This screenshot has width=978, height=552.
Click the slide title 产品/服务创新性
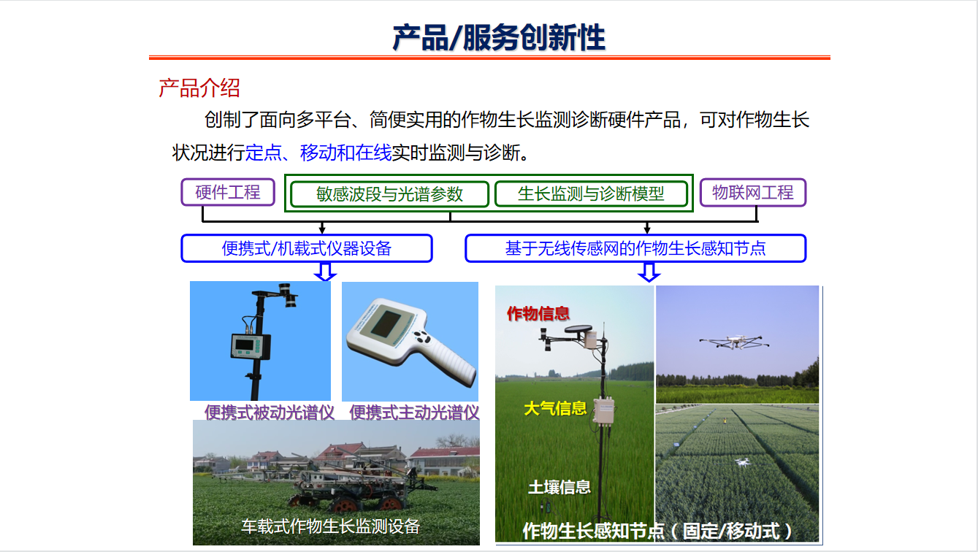(499, 37)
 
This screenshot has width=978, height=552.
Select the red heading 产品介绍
(199, 88)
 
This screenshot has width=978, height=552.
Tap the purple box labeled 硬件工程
(228, 192)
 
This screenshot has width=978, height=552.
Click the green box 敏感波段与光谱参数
(389, 194)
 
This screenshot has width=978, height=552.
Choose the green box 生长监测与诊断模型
(591, 193)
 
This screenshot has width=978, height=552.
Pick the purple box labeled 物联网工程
(753, 193)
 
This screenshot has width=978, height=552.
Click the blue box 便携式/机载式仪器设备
(307, 248)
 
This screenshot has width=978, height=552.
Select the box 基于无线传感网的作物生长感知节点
(635, 248)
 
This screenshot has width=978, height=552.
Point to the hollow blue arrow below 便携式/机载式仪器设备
(325, 272)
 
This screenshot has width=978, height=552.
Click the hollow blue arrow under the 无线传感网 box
(649, 272)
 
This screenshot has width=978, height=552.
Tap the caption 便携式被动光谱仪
(270, 413)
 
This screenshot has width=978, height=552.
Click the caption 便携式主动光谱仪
(414, 413)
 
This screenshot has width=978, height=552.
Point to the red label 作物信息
(538, 313)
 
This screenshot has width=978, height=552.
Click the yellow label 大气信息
(555, 408)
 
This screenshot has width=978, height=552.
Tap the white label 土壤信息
(559, 487)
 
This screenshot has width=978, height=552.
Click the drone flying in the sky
(734, 342)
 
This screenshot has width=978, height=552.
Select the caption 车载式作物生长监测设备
(330, 526)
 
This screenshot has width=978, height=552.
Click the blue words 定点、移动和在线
(318, 153)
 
